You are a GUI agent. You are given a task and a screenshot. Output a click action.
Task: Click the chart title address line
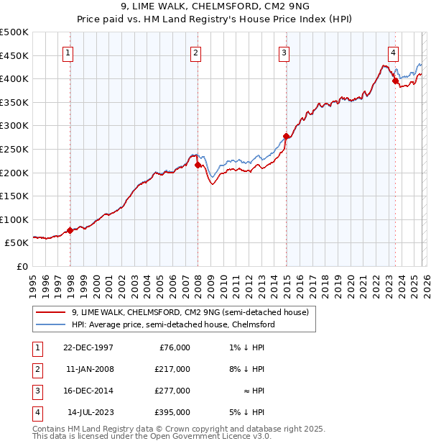[x=215, y=6]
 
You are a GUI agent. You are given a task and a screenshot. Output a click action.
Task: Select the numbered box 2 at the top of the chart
[x=196, y=52]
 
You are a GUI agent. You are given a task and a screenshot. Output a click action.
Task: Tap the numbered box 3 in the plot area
[x=284, y=52]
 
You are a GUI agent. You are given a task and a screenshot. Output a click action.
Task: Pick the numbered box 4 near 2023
[x=394, y=52]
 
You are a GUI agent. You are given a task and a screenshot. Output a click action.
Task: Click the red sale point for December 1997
[x=70, y=231]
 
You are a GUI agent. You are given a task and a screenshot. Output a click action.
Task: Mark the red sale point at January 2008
[x=198, y=165]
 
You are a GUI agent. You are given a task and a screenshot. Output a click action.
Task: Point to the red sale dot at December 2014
[x=286, y=136]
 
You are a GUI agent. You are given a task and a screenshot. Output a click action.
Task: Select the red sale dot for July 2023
[x=395, y=81]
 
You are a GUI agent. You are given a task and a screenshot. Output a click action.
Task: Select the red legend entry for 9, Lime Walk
[x=190, y=312]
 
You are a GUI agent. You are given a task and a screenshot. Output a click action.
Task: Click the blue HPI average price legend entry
[x=172, y=325]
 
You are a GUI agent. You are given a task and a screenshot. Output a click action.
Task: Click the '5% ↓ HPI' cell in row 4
[x=249, y=412]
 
